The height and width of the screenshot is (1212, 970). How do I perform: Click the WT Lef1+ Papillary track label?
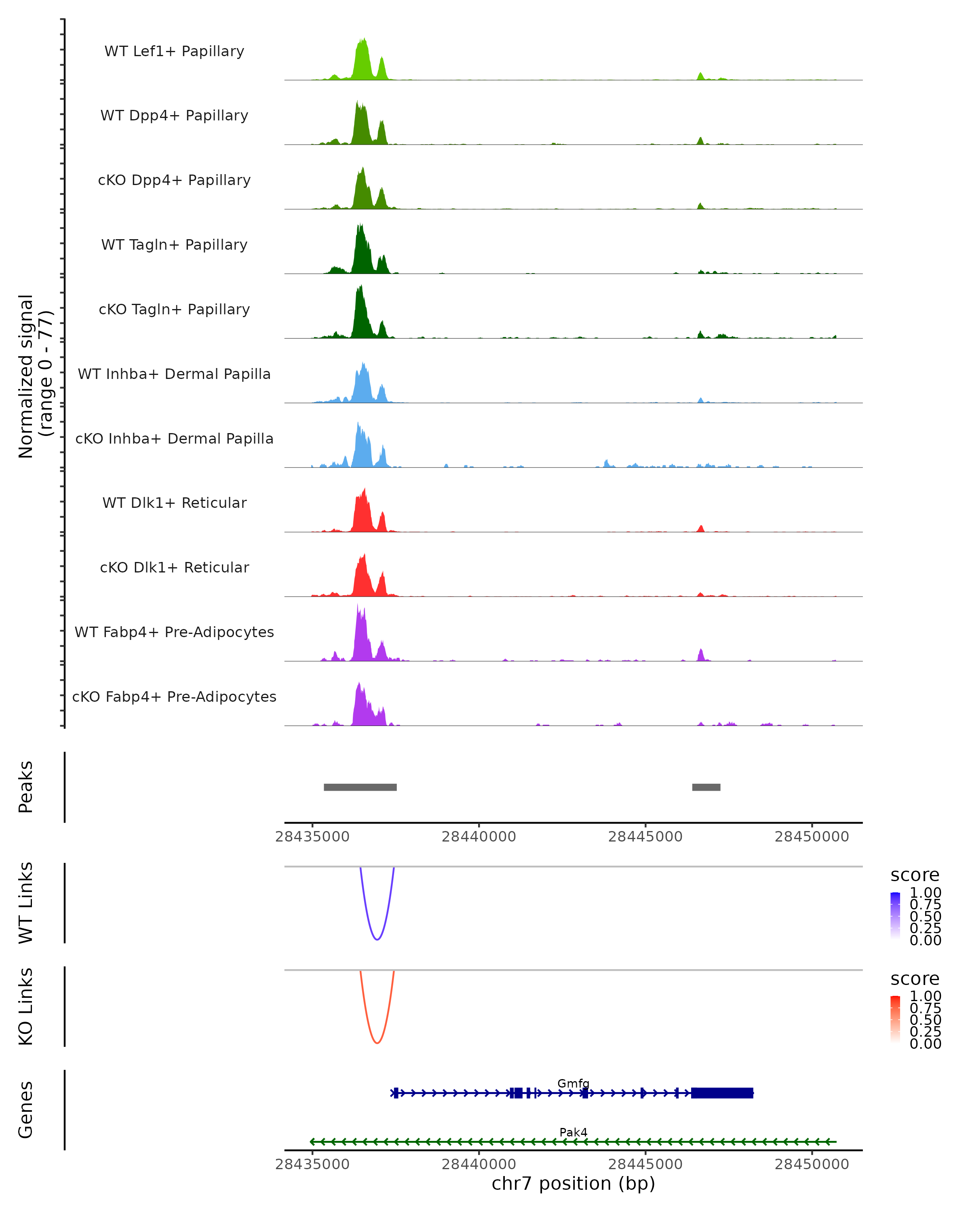(174, 51)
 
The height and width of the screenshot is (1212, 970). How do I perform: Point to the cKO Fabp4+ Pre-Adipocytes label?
(174, 696)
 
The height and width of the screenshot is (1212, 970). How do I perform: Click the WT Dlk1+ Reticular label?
(174, 503)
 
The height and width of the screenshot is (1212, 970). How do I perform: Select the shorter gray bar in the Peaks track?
(706, 787)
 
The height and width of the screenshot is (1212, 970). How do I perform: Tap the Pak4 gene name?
(573, 1132)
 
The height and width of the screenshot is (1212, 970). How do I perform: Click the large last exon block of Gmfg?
(722, 1093)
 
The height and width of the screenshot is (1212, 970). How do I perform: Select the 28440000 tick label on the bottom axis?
(479, 1164)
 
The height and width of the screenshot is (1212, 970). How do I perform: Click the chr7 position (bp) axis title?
(573, 1184)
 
